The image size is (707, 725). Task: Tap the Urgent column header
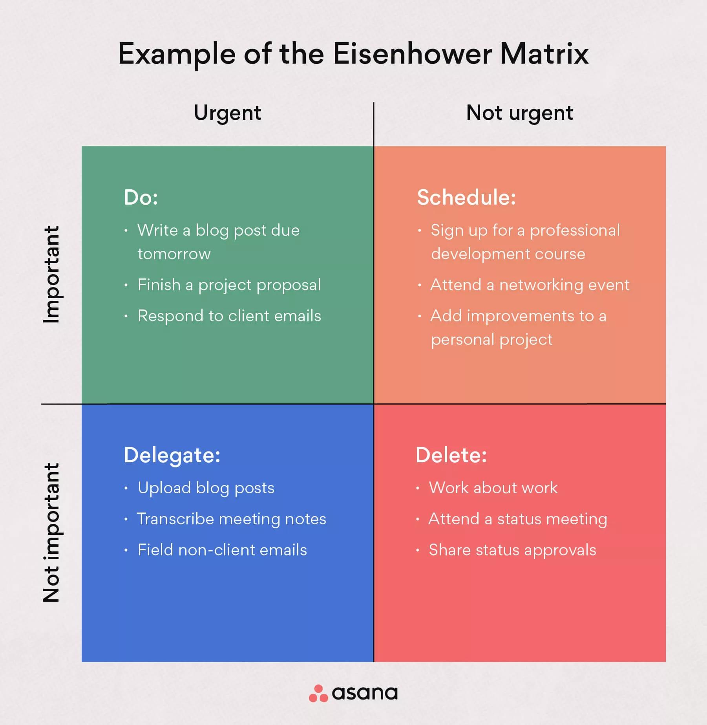point(227,113)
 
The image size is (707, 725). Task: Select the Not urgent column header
point(519,113)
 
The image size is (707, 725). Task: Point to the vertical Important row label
point(51,274)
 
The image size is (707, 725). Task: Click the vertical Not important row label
point(51,532)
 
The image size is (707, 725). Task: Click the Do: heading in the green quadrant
point(141,197)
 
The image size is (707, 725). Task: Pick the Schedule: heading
point(466,197)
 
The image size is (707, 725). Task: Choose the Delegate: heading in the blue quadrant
point(172,455)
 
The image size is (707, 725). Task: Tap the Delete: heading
point(451,455)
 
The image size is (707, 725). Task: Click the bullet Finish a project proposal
point(229,285)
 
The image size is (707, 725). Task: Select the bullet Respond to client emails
point(229,316)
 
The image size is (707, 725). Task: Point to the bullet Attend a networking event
point(530,285)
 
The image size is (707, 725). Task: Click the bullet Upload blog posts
point(206,488)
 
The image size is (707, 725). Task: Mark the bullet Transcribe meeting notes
point(231,519)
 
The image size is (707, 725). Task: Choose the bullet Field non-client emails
point(222,550)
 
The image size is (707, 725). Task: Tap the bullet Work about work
point(493,488)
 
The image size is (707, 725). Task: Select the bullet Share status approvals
point(512,550)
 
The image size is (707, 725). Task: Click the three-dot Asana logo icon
point(318,694)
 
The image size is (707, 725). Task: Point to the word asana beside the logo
point(365,694)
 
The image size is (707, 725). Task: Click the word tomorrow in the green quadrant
point(174,254)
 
